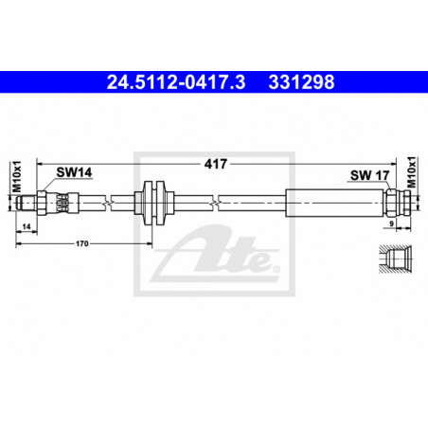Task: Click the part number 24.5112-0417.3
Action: pos(176,82)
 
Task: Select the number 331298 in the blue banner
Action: pos(301,82)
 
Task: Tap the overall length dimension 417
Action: pos(216,164)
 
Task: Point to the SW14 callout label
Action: pos(74,172)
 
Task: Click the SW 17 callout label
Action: pos(370,175)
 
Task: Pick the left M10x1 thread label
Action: pos(17,176)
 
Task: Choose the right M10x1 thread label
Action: pos(412,172)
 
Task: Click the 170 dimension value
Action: pos(82,243)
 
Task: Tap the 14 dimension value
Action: pos(27,226)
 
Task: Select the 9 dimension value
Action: pos(392,223)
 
